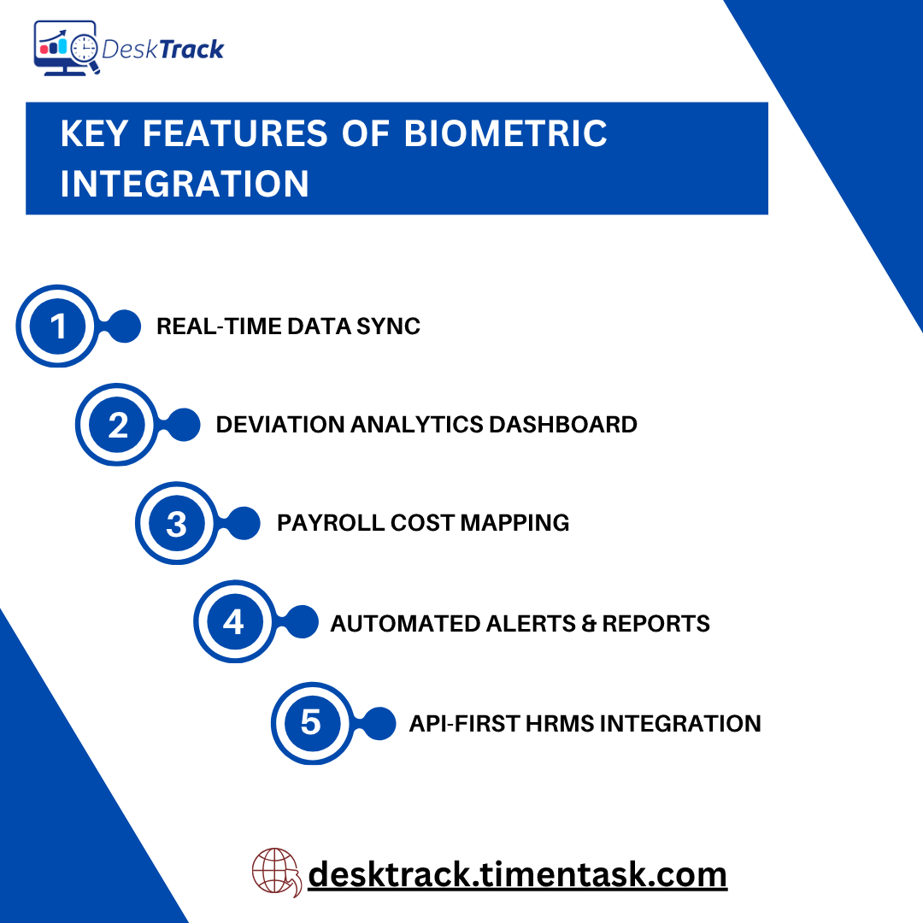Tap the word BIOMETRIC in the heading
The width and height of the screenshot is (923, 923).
505,134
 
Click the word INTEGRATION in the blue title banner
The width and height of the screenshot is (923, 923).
185,184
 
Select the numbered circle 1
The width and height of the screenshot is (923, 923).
58,326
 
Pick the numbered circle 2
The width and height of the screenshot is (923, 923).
118,425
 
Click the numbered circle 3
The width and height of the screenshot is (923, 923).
177,523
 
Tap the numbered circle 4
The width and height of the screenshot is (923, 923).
234,622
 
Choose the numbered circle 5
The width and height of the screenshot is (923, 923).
311,723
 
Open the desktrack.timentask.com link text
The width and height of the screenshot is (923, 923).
517,874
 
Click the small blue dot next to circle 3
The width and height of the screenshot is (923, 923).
244,523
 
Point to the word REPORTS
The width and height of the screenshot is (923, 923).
656,624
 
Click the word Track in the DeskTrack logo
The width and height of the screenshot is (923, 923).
191,49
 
